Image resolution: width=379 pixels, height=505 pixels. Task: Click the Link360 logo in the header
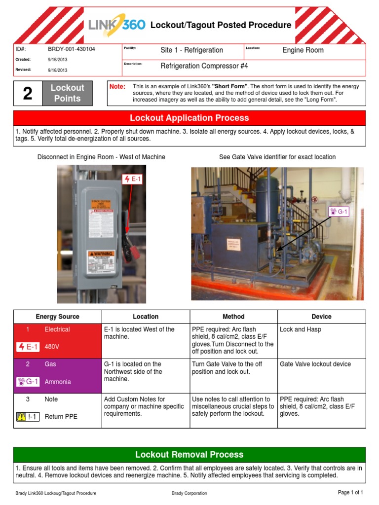(x=116, y=24)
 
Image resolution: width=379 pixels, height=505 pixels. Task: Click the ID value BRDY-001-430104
(x=72, y=49)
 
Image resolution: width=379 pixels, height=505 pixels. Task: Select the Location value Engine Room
(x=303, y=50)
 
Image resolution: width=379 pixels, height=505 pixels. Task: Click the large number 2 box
(x=28, y=93)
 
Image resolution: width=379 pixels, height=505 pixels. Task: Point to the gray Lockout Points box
(x=67, y=93)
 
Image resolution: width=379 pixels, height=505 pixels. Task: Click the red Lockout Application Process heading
(x=189, y=118)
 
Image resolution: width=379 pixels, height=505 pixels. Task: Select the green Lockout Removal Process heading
(x=189, y=454)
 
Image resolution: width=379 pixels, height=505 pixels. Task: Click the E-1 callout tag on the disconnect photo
(x=133, y=179)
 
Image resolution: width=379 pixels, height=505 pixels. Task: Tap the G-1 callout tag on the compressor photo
(x=340, y=212)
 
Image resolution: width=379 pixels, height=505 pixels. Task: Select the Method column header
(x=233, y=317)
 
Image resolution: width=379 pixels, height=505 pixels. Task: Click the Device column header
(x=321, y=317)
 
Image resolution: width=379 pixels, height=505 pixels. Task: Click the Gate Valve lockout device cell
(x=315, y=364)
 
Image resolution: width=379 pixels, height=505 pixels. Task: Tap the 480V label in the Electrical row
(x=52, y=347)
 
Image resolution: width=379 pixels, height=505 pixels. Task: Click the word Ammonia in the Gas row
(x=58, y=382)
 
